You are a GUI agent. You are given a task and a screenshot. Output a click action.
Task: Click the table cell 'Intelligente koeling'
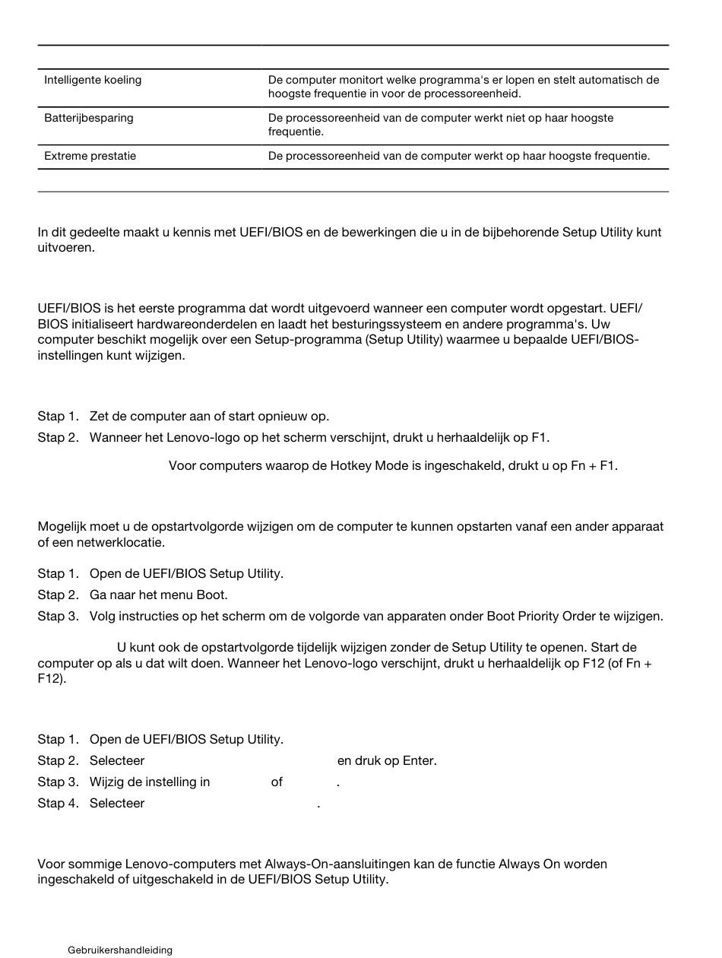tap(93, 80)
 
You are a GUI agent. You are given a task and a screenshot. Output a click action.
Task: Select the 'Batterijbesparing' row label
tap(88, 118)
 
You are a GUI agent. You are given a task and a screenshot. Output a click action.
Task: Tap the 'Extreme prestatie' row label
tap(90, 156)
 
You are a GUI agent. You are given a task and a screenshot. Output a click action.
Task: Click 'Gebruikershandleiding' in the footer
tap(120, 950)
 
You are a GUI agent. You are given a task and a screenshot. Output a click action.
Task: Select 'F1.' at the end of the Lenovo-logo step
tap(540, 437)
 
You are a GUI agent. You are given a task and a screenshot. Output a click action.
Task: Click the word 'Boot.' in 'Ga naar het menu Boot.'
tap(212, 595)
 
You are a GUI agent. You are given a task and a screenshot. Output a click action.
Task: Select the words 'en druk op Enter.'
tap(387, 760)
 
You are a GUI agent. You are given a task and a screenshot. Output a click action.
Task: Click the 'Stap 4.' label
tap(58, 803)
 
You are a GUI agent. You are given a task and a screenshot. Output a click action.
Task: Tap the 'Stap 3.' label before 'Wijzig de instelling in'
tap(58, 782)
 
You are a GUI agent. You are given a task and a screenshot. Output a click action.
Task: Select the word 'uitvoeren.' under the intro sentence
tap(66, 248)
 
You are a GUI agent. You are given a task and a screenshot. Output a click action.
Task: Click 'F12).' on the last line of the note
tap(52, 677)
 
